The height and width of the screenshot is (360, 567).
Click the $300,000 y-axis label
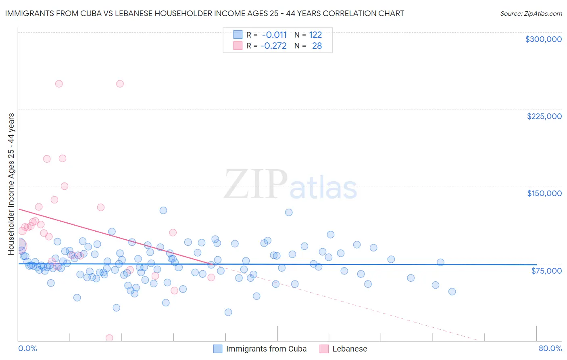point(543,39)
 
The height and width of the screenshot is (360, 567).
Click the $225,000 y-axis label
point(544,116)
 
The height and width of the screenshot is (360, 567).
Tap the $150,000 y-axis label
point(544,193)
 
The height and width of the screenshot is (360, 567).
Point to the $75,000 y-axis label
point(546,271)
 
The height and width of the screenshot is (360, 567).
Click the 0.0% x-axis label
point(27,348)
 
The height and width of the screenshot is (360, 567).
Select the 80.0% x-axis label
point(550,348)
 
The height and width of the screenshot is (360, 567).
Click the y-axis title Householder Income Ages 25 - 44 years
point(11,184)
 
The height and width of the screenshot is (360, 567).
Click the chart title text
point(204,13)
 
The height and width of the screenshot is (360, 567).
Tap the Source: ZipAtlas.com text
point(531,13)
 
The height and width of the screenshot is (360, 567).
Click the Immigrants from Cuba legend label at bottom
point(266,349)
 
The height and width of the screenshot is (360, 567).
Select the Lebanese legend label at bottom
point(350,349)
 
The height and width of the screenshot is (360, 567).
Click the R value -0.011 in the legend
point(274,35)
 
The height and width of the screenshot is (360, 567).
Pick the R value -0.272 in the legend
point(273,46)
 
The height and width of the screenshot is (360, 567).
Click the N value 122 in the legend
point(315,35)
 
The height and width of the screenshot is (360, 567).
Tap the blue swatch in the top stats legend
point(238,35)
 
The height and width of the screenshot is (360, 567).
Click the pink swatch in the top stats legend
point(238,46)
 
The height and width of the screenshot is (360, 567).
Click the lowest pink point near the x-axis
point(109,338)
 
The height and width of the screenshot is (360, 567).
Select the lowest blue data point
point(228,312)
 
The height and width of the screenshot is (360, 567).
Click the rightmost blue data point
point(452,291)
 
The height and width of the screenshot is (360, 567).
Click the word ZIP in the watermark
point(256,185)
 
